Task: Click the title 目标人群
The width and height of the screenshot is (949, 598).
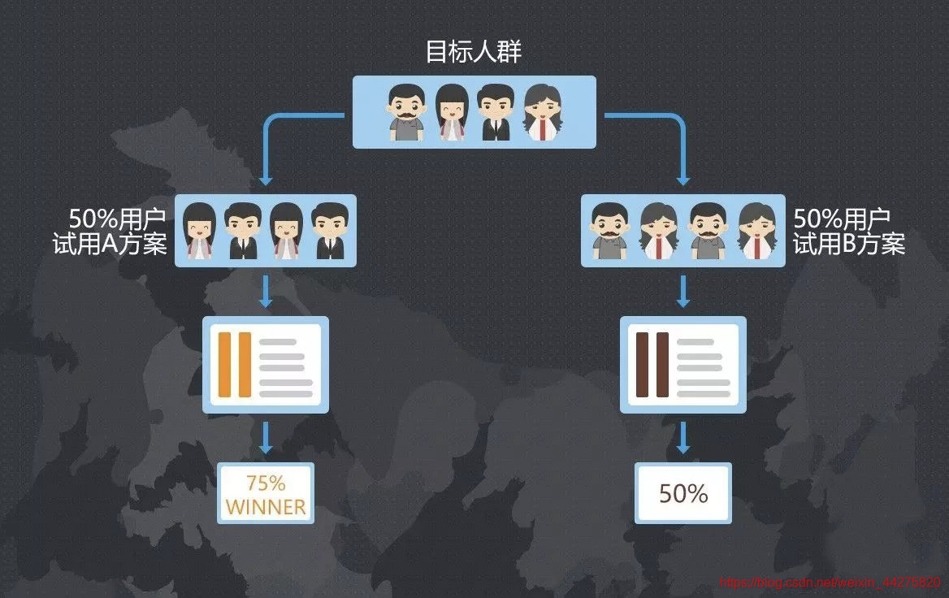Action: pos(474,52)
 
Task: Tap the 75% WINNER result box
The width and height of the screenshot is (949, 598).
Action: pos(266,494)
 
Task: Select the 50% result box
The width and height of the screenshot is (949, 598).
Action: pos(683,494)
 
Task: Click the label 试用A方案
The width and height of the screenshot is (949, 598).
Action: pos(110,245)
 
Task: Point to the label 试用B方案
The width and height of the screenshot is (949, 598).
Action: pos(849,244)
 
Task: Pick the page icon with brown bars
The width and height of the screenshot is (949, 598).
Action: pos(683,365)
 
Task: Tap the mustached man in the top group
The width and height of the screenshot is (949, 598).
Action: pos(406,112)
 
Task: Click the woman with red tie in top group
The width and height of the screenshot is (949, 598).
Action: pos(542,112)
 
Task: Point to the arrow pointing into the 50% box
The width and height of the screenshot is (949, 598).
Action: pos(683,438)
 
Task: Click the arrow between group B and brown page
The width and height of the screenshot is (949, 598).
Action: pos(683,292)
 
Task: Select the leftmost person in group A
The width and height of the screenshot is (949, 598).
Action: pos(197,231)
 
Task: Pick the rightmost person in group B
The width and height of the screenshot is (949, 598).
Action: pos(757,231)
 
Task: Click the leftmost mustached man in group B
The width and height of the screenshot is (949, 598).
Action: pos(610,231)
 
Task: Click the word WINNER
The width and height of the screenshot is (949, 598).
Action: pos(266,507)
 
